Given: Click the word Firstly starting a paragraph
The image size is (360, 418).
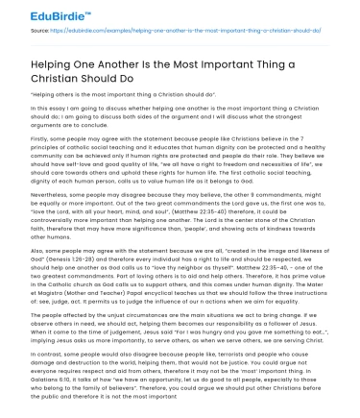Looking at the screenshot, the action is pyautogui.click(x=39, y=137).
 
